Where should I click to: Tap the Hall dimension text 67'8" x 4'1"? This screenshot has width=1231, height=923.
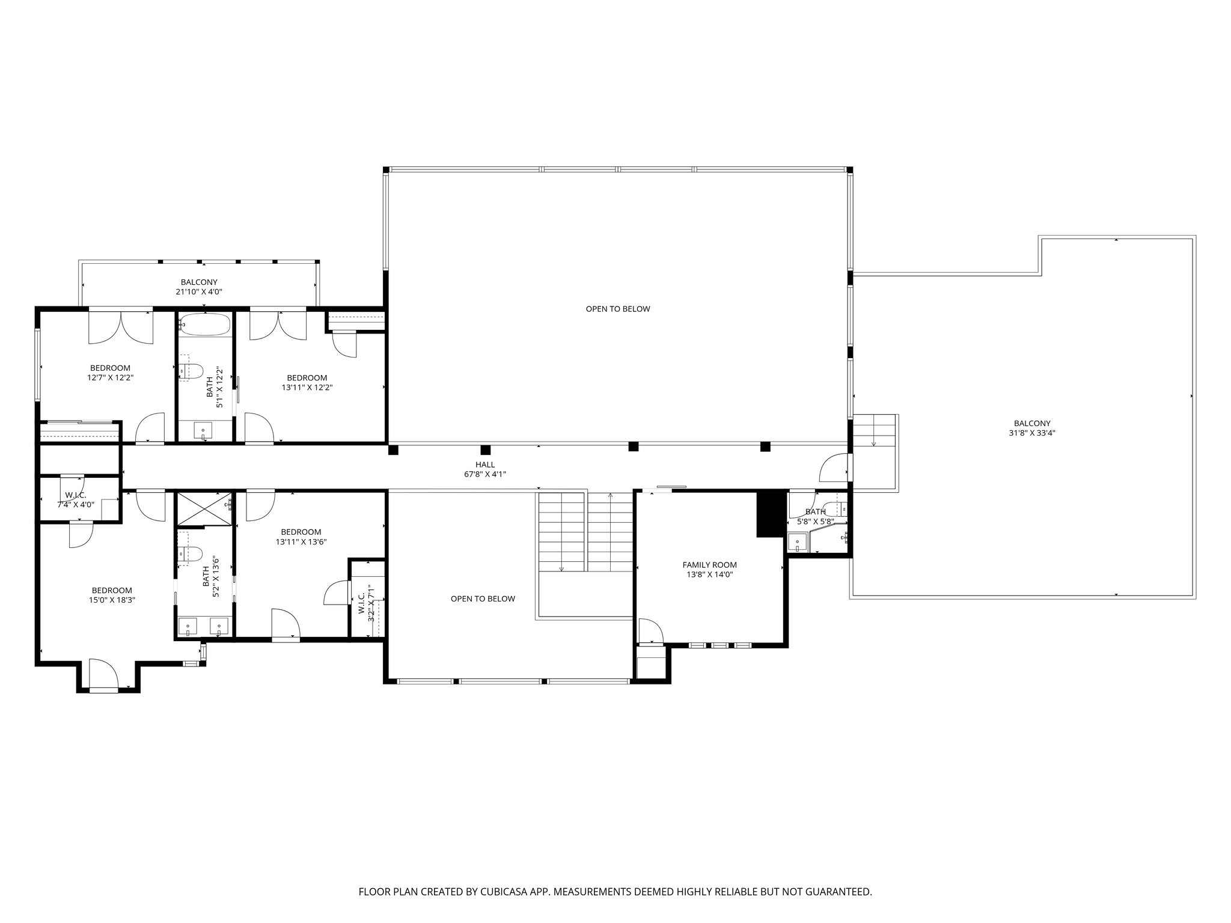click(485, 474)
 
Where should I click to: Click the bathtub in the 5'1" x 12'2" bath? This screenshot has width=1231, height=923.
click(204, 325)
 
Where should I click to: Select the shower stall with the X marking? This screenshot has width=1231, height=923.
click(204, 508)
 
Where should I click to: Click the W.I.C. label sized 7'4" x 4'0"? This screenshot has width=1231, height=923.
click(76, 500)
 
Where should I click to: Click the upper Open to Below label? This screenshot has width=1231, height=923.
click(617, 309)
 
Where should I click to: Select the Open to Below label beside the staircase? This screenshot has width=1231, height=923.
click(483, 599)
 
